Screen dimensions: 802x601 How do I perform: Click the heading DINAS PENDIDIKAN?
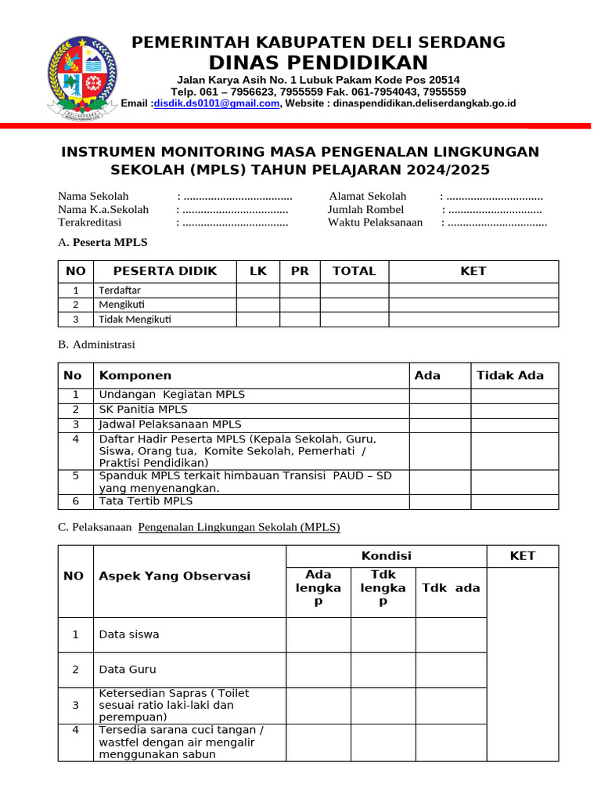pos(318,63)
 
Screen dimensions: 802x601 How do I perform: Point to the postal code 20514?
pos(444,80)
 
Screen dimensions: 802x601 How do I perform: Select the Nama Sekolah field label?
pos(93,197)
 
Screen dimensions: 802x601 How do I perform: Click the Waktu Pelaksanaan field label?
pos(376,222)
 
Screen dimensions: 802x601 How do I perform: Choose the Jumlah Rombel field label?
pos(366,210)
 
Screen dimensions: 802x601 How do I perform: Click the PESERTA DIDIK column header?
pos(164,272)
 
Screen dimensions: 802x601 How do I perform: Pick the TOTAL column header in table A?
pos(354,272)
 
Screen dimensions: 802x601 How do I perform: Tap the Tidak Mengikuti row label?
pos(135,319)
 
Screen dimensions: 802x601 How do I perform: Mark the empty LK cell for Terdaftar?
pos(257,291)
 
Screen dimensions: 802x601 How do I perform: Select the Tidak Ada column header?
pos(510,376)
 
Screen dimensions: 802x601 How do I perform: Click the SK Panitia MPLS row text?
pos(143,410)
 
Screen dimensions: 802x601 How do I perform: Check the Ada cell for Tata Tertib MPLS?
pos(439,501)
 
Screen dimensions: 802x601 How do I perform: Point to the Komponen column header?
pos(135,376)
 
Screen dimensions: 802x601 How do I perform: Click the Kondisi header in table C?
pos(386,556)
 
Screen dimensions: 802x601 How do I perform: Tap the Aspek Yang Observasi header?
pos(175,576)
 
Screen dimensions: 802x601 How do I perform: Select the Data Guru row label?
pos(128,670)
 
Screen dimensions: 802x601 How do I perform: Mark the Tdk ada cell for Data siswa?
pos(451,634)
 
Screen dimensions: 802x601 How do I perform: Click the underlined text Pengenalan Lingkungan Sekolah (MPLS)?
pos(239,527)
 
